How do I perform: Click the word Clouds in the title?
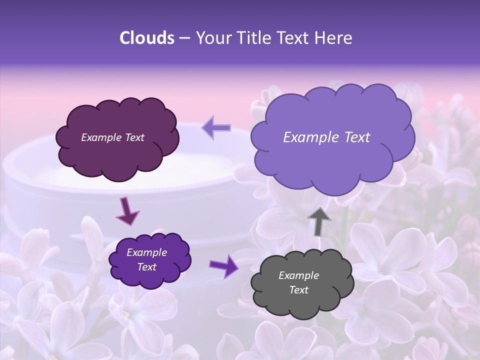click(147, 38)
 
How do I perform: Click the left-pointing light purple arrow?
click(216, 127)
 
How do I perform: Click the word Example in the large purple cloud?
click(310, 137)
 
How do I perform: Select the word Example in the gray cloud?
click(298, 275)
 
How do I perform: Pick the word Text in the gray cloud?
click(298, 290)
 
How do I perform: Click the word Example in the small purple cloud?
click(146, 252)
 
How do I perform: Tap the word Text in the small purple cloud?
click(146, 267)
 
